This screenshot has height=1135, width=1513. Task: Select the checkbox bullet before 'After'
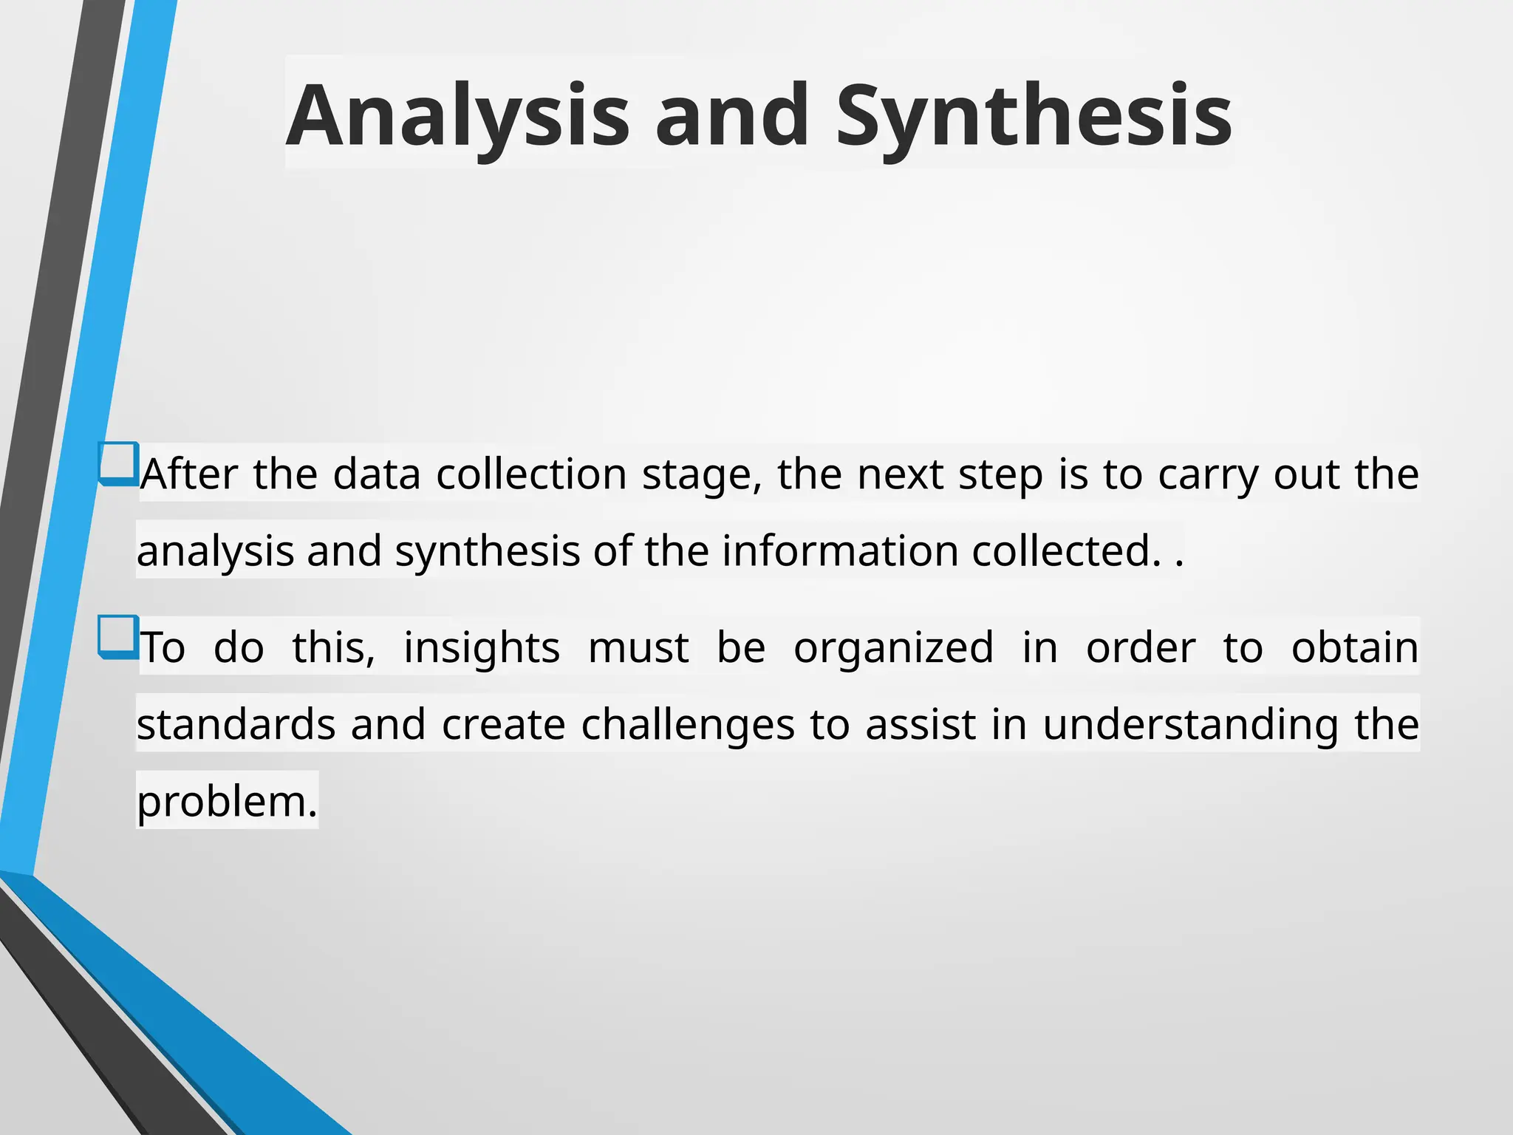coord(118,463)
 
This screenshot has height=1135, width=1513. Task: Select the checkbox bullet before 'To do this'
coord(118,636)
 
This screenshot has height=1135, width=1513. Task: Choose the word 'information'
coord(839,551)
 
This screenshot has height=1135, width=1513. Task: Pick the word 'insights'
coord(482,647)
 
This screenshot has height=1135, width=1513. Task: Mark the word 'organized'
coord(893,647)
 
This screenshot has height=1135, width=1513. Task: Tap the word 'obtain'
coord(1354,647)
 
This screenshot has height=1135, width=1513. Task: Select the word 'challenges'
coord(687,724)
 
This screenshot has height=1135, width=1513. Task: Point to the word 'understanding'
coord(1190,724)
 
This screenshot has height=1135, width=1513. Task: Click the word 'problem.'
coord(227,802)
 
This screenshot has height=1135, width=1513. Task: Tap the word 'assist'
coord(921,724)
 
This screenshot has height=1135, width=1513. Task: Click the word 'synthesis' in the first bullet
coord(487,551)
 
